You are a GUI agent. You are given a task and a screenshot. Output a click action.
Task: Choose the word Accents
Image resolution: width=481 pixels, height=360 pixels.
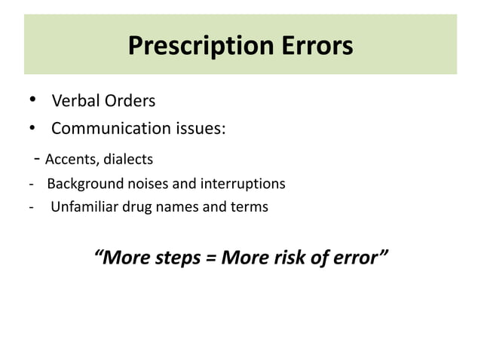(x=69, y=159)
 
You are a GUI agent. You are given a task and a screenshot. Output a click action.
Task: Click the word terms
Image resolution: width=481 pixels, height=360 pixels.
(x=249, y=206)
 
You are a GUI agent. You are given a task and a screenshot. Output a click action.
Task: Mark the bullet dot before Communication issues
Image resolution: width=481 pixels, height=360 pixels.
(x=32, y=128)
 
